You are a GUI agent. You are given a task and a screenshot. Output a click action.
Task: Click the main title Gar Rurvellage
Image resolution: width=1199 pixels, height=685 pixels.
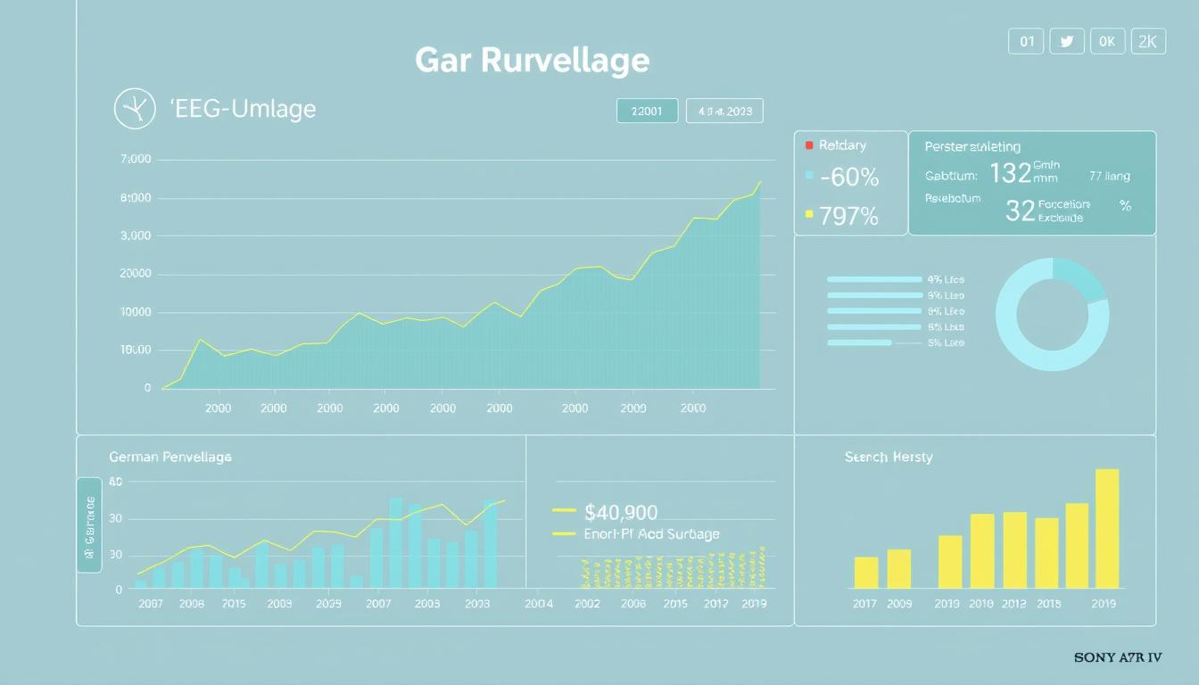click(532, 61)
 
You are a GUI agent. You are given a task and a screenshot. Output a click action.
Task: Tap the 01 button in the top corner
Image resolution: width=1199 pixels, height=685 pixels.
click(1026, 41)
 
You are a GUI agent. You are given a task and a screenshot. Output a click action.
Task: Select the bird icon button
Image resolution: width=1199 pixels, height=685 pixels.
click(1066, 41)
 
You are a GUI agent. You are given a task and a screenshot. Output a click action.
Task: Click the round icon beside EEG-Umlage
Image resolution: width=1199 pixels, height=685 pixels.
click(136, 110)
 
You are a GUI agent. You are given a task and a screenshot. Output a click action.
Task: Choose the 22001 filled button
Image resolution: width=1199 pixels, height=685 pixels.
click(647, 111)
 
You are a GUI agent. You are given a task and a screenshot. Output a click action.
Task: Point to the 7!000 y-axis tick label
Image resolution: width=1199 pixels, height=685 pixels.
click(135, 160)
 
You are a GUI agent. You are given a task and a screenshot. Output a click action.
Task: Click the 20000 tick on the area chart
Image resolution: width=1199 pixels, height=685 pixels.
click(135, 275)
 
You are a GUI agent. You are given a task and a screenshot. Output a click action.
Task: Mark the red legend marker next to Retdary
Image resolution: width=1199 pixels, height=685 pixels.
click(809, 144)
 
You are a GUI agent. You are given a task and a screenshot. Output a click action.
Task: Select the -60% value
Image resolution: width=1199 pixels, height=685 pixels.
click(848, 178)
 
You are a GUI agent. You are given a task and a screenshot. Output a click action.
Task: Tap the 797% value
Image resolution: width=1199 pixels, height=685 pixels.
click(848, 216)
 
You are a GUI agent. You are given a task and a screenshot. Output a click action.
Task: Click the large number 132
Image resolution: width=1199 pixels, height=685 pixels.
click(1010, 173)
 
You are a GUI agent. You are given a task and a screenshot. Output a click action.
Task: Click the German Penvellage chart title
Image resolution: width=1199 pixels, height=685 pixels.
click(170, 457)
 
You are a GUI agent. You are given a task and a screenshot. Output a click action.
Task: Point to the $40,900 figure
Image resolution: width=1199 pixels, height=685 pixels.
click(621, 512)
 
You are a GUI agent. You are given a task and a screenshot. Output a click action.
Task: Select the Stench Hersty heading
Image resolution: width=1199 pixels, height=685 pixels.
click(889, 457)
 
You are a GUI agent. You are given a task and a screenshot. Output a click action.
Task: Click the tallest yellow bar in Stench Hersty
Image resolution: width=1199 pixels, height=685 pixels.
click(1106, 528)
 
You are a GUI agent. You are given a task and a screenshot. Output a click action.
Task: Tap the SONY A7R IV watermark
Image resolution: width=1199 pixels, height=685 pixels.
click(1118, 658)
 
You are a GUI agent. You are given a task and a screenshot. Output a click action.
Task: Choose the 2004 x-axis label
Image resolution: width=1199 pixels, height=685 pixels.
click(538, 604)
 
